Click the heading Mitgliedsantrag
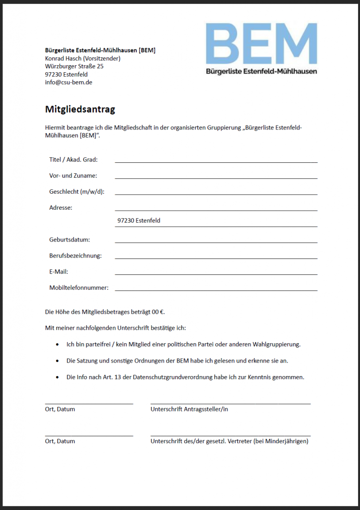(x=80, y=109)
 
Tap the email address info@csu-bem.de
(x=69, y=82)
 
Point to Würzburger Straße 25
(x=74, y=66)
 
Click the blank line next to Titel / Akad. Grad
(x=216, y=161)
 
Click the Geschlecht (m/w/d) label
(x=77, y=192)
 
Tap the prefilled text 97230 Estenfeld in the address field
(x=139, y=220)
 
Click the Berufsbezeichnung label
(x=75, y=255)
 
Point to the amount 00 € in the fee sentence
(x=158, y=312)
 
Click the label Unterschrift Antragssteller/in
(x=189, y=409)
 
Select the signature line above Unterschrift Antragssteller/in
(x=230, y=403)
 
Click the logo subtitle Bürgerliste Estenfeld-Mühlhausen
(x=261, y=71)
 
